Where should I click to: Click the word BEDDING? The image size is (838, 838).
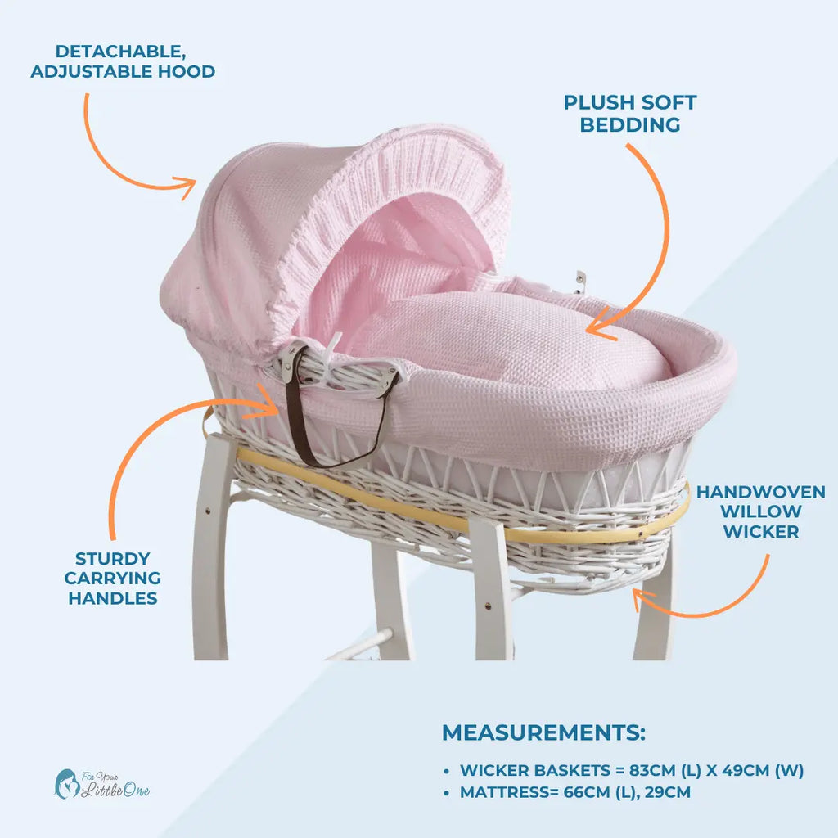point(630,125)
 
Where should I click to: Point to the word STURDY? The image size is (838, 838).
point(113,558)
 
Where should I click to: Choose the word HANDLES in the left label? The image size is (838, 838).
point(113,598)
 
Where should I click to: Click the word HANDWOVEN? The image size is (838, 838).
point(760,492)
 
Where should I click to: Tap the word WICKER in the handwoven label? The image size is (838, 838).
point(760,532)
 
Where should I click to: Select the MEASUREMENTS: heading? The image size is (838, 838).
point(543,732)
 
